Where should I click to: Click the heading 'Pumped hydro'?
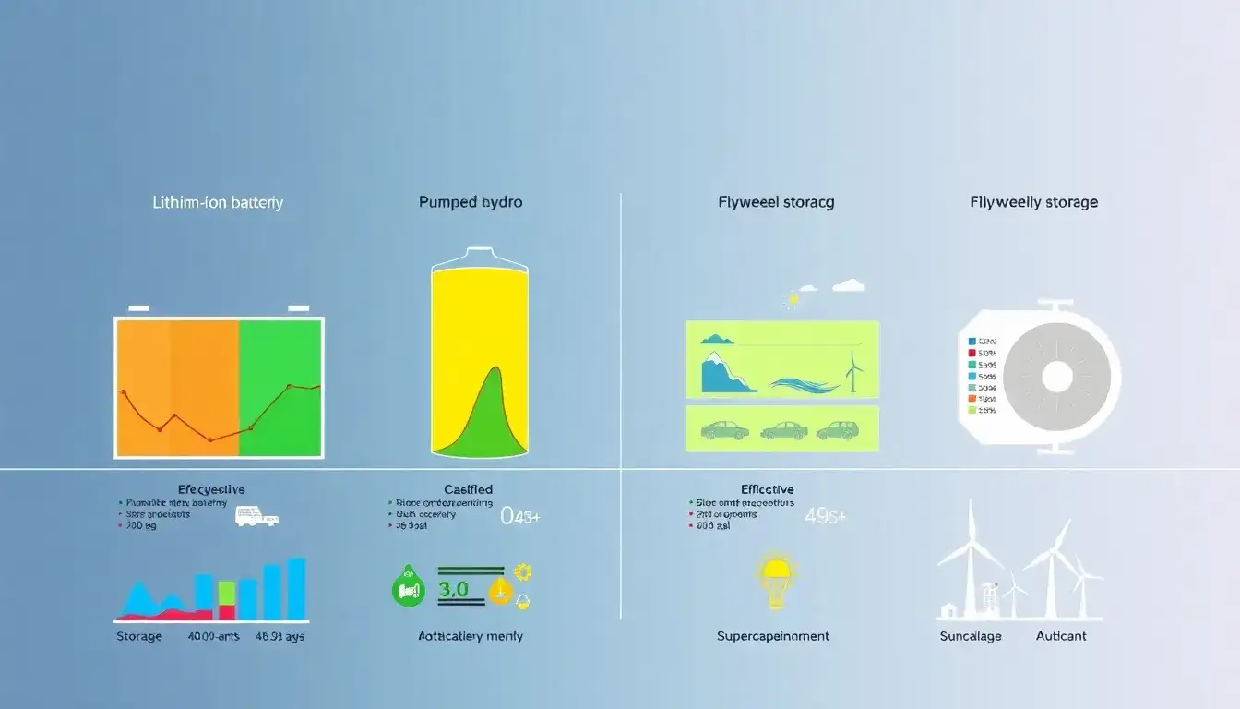(471, 202)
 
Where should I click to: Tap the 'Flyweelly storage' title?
(1033, 202)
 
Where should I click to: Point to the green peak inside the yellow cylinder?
(495, 406)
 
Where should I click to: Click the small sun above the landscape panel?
(792, 299)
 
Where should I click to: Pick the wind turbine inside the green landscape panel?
(855, 374)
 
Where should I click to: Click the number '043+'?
(519, 516)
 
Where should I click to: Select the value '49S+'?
(825, 516)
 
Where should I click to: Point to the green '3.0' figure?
(453, 589)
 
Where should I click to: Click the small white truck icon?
(256, 516)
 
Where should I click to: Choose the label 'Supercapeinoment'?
(772, 636)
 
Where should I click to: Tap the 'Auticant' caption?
(1061, 636)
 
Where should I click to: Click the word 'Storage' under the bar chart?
(139, 636)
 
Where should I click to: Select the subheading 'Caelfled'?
(468, 489)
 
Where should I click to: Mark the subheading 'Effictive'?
(767, 489)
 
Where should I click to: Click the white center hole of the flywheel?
(1056, 377)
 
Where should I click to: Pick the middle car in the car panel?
(783, 430)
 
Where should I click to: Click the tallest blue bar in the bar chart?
(296, 589)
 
